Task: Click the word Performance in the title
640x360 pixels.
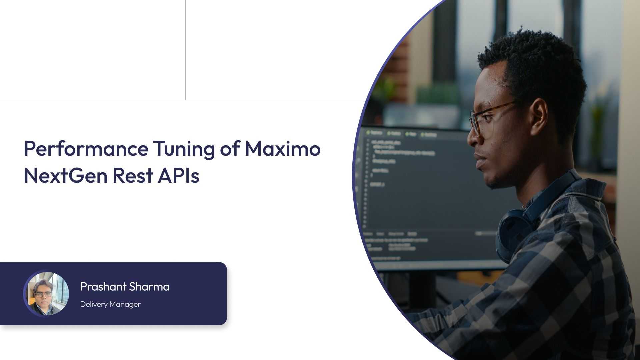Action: point(86,149)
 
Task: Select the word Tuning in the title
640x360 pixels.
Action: point(184,149)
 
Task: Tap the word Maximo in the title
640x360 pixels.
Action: point(283,148)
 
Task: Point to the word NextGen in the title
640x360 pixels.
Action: point(65,176)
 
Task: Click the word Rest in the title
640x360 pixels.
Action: point(132,176)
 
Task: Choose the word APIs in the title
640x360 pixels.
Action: point(178,176)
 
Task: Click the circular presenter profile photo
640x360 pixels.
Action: point(46,294)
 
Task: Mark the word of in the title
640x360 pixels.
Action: point(230,149)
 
